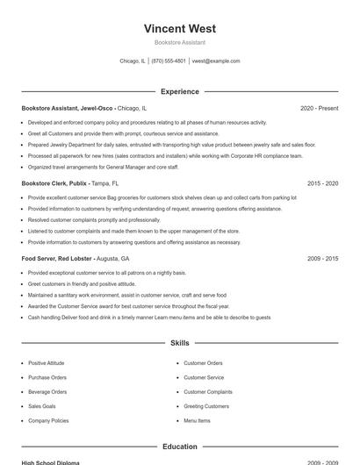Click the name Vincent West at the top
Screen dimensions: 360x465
(180, 28)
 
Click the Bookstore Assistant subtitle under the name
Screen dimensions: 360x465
(180, 42)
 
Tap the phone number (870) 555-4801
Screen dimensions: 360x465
(169, 61)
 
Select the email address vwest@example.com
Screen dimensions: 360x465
(216, 61)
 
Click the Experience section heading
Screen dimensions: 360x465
(180, 91)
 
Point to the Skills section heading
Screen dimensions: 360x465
(180, 343)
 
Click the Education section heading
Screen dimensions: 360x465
(180, 447)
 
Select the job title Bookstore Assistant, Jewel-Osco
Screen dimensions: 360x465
(68, 108)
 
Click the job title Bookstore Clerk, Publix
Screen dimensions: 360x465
(54, 183)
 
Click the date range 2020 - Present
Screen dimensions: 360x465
(319, 108)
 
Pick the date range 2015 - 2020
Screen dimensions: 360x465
(322, 183)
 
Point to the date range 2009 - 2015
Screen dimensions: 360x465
(322, 259)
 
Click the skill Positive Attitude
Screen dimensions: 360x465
(46, 363)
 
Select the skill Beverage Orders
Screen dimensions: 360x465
(47, 392)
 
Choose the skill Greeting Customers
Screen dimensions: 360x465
(205, 406)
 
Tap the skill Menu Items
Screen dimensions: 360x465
(197, 421)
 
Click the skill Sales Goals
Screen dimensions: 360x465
(42, 406)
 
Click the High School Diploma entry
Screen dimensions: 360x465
(51, 462)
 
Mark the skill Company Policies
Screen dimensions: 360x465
(48, 421)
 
